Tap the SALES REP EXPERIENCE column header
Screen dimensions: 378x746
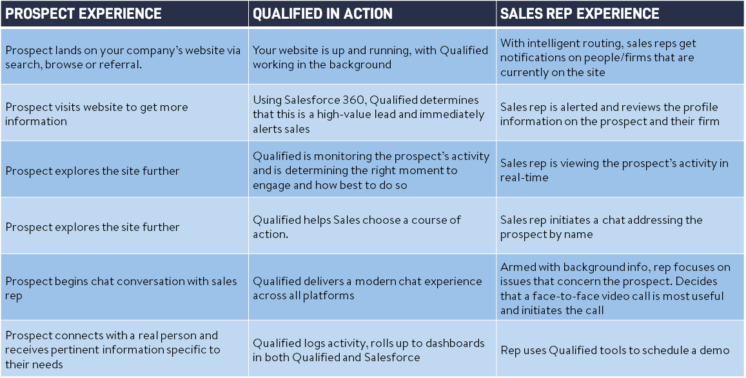click(580, 14)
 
